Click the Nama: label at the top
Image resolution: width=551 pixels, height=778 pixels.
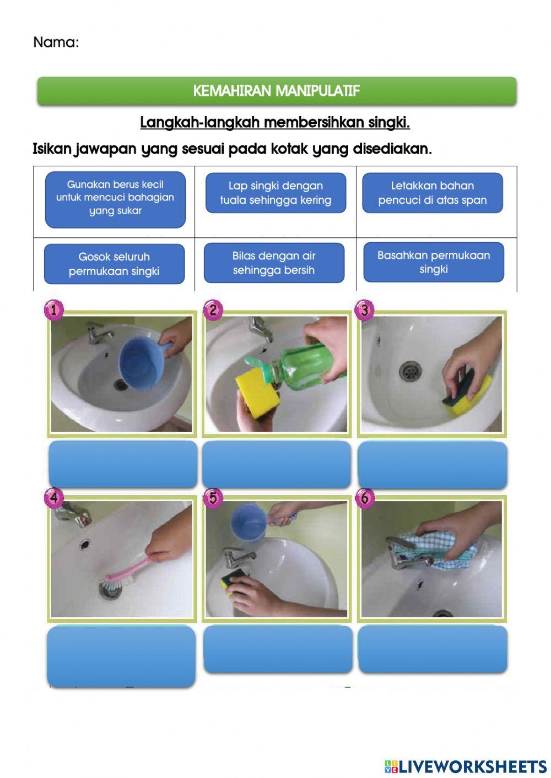pyautogui.click(x=56, y=42)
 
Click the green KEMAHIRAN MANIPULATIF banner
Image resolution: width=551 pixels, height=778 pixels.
pyautogui.click(x=277, y=91)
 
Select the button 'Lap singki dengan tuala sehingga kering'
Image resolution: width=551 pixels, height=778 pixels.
pyautogui.click(x=275, y=193)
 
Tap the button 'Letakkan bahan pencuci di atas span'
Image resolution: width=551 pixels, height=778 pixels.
pyautogui.click(x=433, y=193)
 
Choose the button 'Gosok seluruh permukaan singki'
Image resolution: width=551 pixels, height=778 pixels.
pyautogui.click(x=114, y=264)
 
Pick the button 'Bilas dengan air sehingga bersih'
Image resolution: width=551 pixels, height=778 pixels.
pyautogui.click(x=274, y=263)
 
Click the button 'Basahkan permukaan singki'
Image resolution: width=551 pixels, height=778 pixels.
pyautogui.click(x=434, y=262)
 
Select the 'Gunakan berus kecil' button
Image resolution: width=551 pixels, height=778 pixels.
pyautogui.click(x=115, y=199)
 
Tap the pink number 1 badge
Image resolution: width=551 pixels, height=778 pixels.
pyautogui.click(x=54, y=310)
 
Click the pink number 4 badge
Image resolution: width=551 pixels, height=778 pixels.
pyautogui.click(x=54, y=498)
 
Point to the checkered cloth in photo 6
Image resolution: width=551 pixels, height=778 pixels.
pyautogui.click(x=441, y=548)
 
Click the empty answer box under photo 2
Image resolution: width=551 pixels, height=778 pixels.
pyautogui.click(x=277, y=464)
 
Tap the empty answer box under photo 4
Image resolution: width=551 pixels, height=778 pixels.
pyautogui.click(x=121, y=655)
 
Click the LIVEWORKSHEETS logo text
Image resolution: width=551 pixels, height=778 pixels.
pyautogui.click(x=466, y=766)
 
